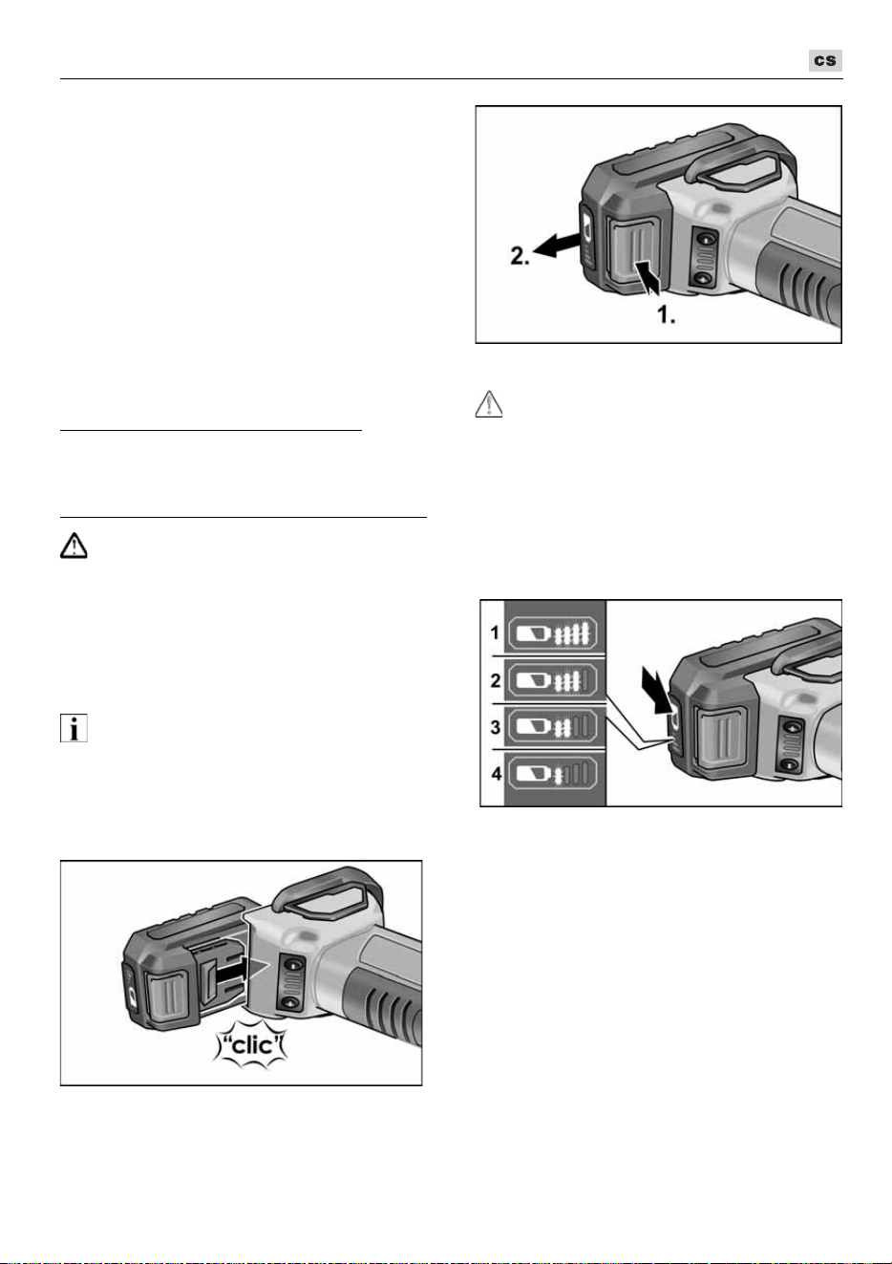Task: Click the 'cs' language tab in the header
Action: pos(825,60)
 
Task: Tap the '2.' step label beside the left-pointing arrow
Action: pos(520,256)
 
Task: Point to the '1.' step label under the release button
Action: pos(667,315)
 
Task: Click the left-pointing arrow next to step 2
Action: pos(556,246)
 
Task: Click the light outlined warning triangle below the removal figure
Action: pos(489,404)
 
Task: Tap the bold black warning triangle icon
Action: pos(74,546)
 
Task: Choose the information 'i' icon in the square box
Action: pos(74,728)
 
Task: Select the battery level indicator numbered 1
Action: pos(553,633)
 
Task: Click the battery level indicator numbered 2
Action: pos(553,680)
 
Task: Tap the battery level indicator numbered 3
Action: pos(553,727)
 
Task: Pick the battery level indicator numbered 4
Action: pos(553,773)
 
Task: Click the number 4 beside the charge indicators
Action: pos(496,773)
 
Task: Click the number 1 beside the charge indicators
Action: pos(495,633)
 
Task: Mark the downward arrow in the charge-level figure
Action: pos(656,690)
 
